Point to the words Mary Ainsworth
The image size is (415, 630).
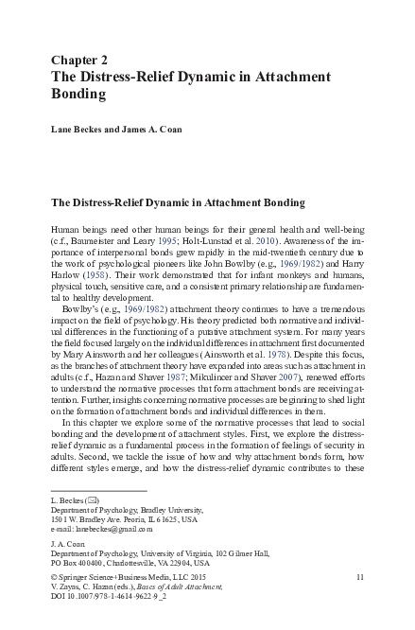point(90,368)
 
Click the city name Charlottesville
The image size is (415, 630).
point(140,562)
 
